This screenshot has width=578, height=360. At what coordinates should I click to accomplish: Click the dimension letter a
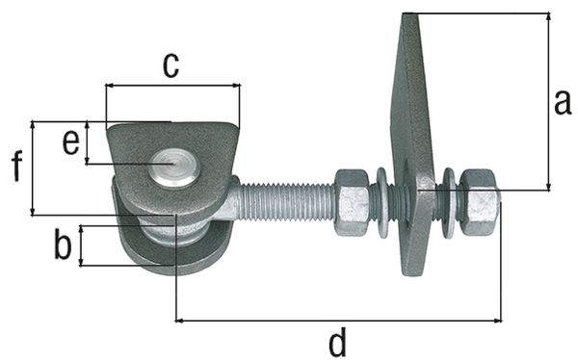[562, 102]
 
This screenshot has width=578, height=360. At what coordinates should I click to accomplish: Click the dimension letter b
[63, 245]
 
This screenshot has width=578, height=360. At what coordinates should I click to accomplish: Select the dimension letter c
[170, 65]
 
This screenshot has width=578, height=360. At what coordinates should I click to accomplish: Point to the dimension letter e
[70, 142]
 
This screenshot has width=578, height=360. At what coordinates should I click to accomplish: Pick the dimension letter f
[16, 167]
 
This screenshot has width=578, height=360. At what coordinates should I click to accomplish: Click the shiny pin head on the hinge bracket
[173, 167]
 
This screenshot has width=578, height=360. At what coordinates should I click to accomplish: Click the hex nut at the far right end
[479, 201]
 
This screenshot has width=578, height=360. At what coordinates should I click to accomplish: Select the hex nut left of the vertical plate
[352, 201]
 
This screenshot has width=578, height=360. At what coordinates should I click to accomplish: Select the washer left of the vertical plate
[382, 202]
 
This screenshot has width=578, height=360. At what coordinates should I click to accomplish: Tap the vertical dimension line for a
[548, 101]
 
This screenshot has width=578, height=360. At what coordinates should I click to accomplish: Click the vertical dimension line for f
[33, 167]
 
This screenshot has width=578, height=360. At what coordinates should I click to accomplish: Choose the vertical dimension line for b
[81, 245]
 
